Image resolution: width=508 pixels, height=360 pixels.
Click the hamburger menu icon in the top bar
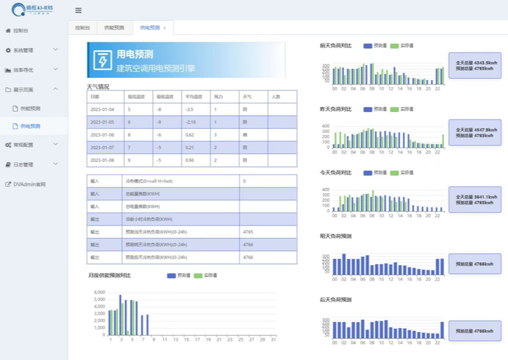pyautogui.click(x=79, y=10)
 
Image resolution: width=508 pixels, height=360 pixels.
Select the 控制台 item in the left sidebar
pyautogui.click(x=20, y=31)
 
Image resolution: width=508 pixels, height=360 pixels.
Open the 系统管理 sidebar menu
pyautogui.click(x=23, y=50)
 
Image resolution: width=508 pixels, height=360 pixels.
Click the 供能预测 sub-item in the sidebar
pyautogui.click(x=30, y=109)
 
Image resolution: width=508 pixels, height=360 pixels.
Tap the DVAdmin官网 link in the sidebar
pyautogui.click(x=29, y=184)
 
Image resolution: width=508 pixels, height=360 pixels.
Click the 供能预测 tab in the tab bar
pyautogui.click(x=114, y=28)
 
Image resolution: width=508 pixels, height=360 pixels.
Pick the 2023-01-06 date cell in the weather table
pyautogui.click(x=102, y=135)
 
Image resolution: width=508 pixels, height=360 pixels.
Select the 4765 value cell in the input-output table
pyautogui.click(x=248, y=231)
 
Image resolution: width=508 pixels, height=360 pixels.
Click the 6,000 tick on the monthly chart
pyautogui.click(x=100, y=292)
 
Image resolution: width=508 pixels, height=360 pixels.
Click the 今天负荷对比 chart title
pyautogui.click(x=336, y=172)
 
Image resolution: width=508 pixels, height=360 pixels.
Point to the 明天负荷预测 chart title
pyautogui.click(x=336, y=236)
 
